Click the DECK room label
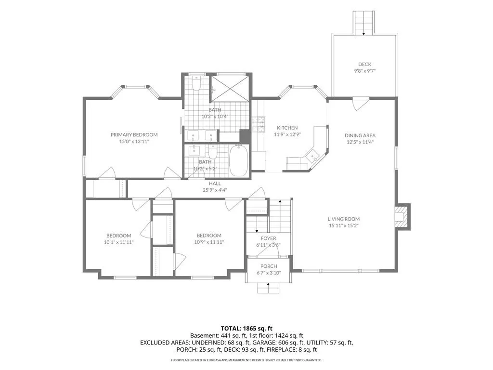coord(364,64)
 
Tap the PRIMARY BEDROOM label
coord(134,135)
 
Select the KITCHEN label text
coord(287,128)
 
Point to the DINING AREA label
coord(360,135)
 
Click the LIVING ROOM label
coord(344,219)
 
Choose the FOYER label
coord(268,238)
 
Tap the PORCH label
coord(269,266)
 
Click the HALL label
coord(215,184)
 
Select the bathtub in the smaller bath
coord(239,160)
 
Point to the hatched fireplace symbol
coord(402,216)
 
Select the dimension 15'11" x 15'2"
coord(344,225)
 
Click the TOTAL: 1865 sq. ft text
coord(246,329)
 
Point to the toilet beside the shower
coord(196,83)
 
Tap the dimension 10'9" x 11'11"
coord(209,242)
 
